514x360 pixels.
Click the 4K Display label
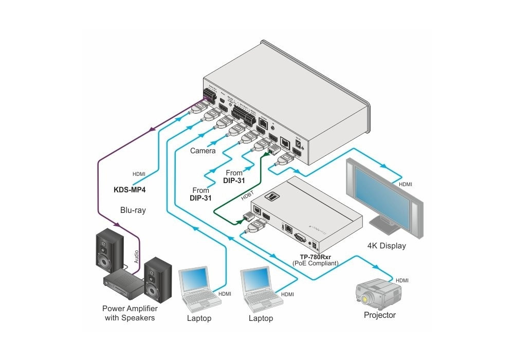click(387, 245)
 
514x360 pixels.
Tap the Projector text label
click(380, 315)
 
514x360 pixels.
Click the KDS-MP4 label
click(130, 189)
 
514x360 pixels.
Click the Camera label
click(203, 151)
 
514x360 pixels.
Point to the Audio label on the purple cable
click(137, 257)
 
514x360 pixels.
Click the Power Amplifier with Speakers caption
click(130, 313)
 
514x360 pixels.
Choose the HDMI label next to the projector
click(401, 280)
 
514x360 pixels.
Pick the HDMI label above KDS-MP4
click(139, 173)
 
